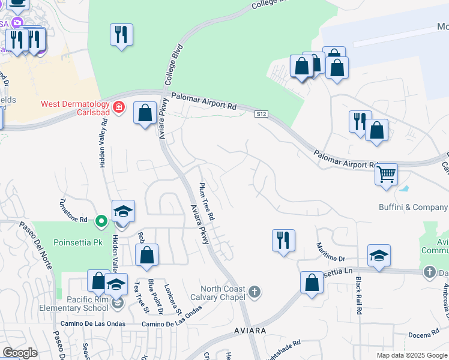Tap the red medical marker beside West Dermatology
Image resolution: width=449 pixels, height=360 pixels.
[x=119, y=107]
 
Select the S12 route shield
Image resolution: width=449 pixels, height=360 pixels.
[x=261, y=114]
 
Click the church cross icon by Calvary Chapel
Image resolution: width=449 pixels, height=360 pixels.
[x=255, y=292]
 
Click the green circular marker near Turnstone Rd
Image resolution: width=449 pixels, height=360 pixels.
[x=101, y=221]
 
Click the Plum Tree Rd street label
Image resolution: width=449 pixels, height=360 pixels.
[x=206, y=200]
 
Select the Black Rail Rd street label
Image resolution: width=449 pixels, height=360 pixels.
[x=358, y=296]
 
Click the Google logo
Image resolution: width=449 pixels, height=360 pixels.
[x=20, y=353]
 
